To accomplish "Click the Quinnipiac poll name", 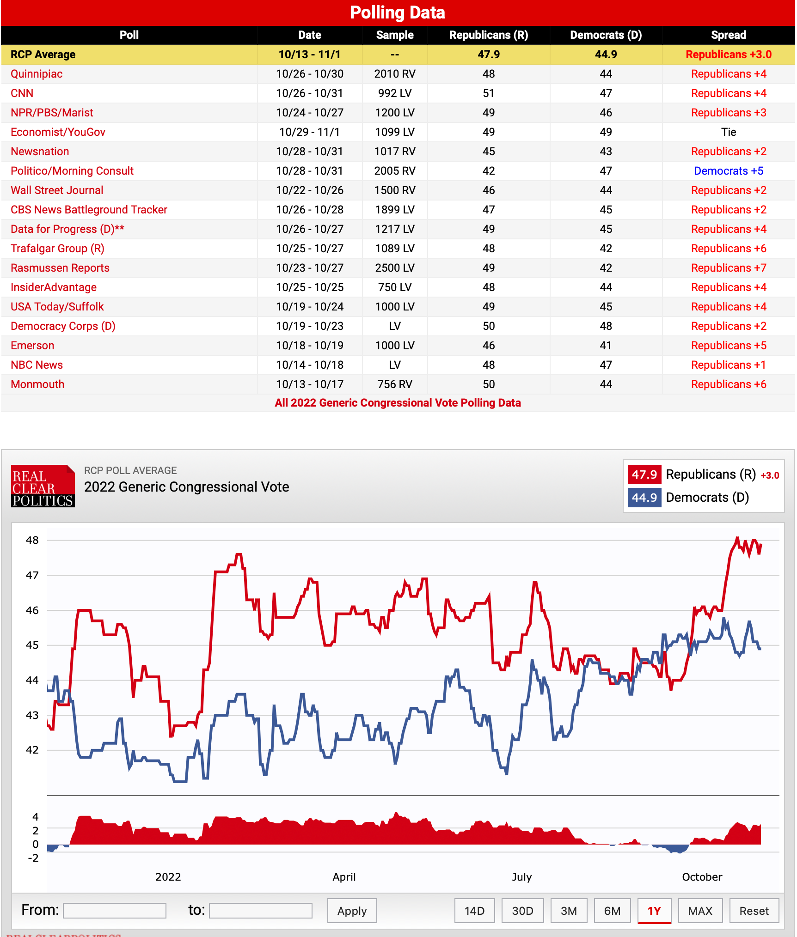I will (37, 74).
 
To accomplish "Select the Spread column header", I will (728, 35).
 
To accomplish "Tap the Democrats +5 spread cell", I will (728, 171).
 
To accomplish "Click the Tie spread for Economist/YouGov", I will (728, 132).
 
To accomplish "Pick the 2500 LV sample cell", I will (394, 268).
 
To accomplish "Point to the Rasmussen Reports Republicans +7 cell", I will (728, 268).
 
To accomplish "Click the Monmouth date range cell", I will (309, 384).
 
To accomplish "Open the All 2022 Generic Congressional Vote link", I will (398, 403).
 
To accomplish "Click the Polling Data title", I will (398, 12).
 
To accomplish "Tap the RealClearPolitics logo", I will (43, 486).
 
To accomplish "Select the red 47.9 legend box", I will (644, 475).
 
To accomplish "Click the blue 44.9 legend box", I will (644, 498).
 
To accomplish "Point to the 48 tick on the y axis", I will (32, 540).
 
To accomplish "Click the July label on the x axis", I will (521, 877).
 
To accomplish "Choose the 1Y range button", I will (654, 911).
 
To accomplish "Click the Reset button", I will (754, 911).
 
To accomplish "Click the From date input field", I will (115, 911).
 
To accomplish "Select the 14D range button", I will (474, 911).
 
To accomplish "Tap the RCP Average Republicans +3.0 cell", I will (728, 55).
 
